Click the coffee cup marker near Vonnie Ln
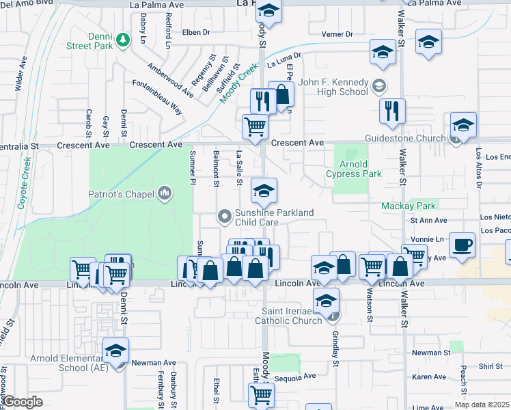pos(462,245)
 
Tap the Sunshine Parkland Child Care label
pos(274,217)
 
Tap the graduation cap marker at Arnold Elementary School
pos(116,351)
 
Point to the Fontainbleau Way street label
pos(158,98)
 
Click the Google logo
pos(23,402)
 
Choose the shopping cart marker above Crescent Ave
pos(255,126)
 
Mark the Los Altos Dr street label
pos(479,172)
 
